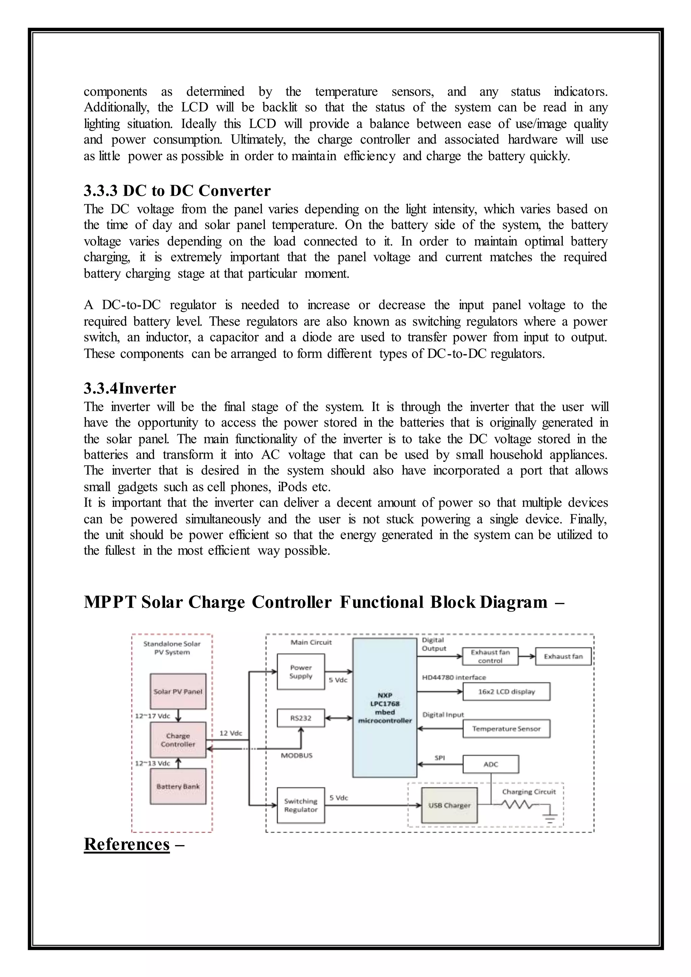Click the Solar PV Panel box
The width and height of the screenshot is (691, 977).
178,692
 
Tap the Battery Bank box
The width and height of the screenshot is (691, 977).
178,786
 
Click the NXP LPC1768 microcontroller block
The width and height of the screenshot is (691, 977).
385,708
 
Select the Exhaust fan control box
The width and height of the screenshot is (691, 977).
490,657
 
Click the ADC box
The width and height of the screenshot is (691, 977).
491,764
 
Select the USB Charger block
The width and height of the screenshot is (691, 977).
449,806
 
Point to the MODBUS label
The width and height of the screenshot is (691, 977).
297,755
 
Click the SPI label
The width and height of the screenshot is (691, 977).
440,758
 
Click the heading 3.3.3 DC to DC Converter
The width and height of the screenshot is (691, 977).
177,191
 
